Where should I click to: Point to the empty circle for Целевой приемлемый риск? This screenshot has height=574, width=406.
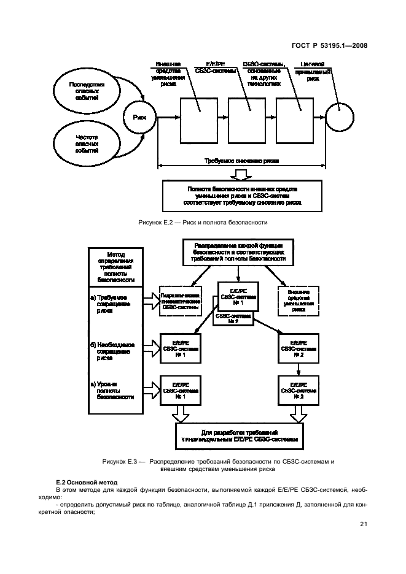coord(340,117)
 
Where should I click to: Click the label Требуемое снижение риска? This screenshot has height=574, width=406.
coord(241,161)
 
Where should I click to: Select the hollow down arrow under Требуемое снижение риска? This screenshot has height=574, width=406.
coord(242,174)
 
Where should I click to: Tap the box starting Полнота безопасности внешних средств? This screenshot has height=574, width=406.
coord(242,196)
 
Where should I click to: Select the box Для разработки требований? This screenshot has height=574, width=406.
coord(239,436)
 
